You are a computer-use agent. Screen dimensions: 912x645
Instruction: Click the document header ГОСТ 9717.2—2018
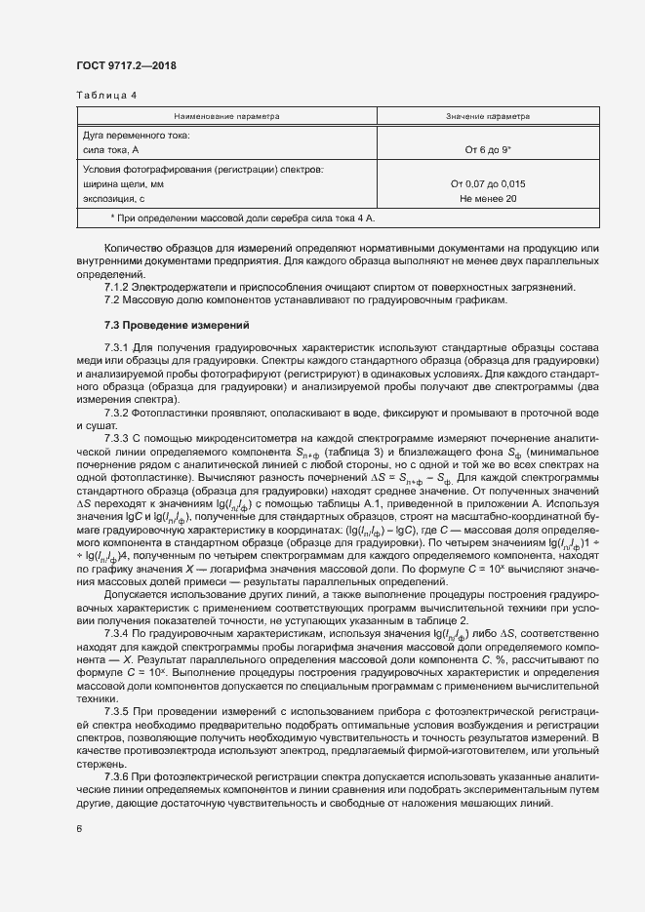(126, 66)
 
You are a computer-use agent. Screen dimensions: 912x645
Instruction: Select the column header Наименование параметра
(226, 116)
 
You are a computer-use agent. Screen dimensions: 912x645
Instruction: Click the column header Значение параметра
(487, 116)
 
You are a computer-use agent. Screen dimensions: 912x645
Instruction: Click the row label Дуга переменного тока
(137, 135)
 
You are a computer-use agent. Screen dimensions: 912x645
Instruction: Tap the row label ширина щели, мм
(124, 183)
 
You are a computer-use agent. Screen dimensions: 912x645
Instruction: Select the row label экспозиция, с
(115, 198)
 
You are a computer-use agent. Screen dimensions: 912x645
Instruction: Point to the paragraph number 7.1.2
(119, 286)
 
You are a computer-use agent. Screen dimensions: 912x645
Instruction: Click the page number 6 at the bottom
(78, 829)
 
